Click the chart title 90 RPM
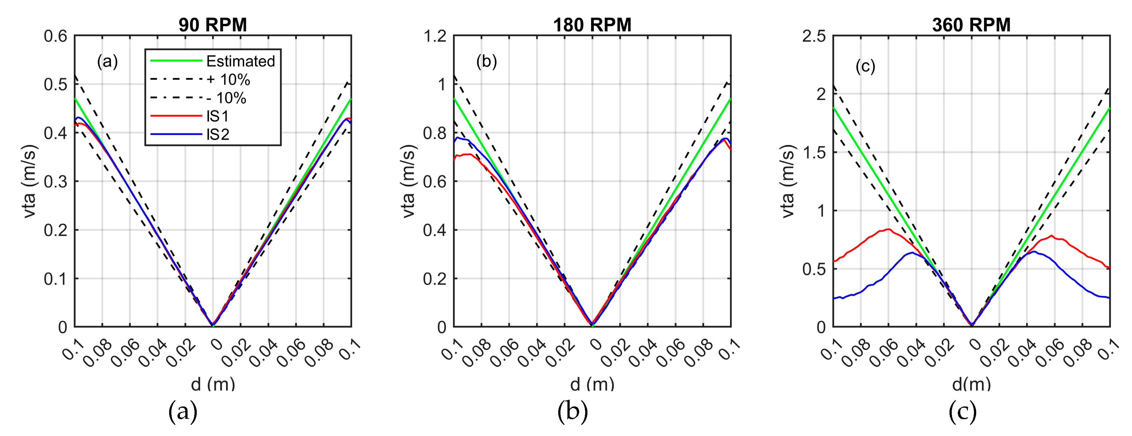click(x=213, y=25)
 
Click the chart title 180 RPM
click(x=592, y=25)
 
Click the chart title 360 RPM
click(x=971, y=25)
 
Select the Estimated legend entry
click(x=240, y=61)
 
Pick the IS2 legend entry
click(x=218, y=135)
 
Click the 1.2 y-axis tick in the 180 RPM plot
click(x=435, y=36)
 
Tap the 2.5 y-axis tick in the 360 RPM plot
click(x=814, y=36)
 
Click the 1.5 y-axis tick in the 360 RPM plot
click(x=814, y=152)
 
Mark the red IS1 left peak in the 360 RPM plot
click(x=888, y=229)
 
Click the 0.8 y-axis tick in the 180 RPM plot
click(x=435, y=133)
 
